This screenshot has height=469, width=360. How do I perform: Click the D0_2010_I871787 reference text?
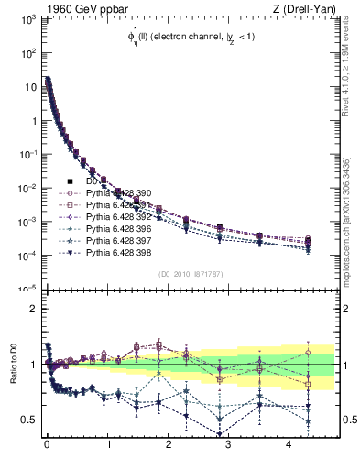pyautogui.click(x=190, y=274)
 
